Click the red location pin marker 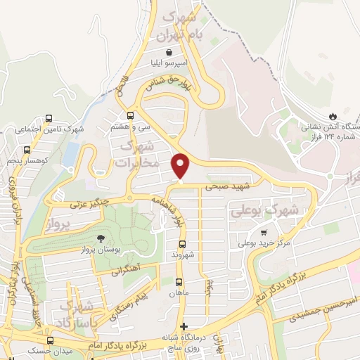click(x=181, y=166)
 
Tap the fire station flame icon click(x=332, y=116)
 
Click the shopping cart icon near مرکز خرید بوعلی click(x=264, y=232)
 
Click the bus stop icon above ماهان click(x=179, y=282)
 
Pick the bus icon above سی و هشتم click(x=130, y=116)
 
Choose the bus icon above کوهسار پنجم click(x=27, y=150)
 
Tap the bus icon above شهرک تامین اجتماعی click(x=48, y=118)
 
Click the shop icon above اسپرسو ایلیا click(x=168, y=52)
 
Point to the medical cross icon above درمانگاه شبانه click(x=184, y=326)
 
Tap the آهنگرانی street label click(x=126, y=268)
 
